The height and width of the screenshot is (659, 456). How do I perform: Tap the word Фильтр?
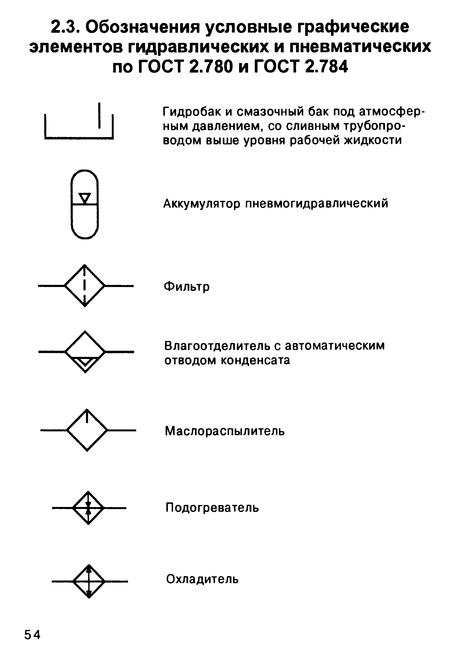[187, 286]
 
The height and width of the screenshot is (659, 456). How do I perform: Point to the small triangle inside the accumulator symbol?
[85, 198]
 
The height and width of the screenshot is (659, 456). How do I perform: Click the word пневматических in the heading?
[360, 47]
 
